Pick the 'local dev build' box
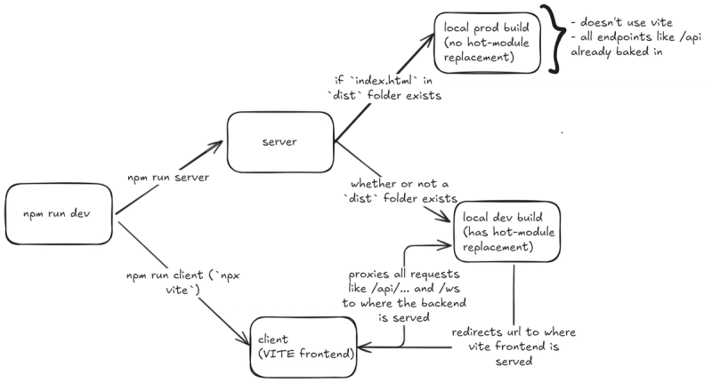point(506,232)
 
